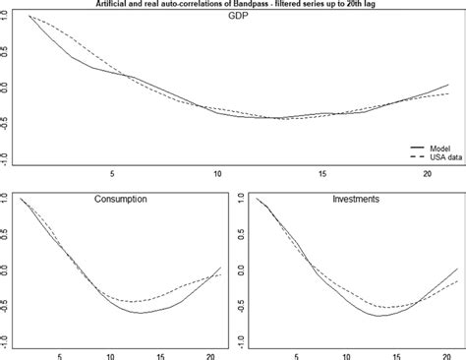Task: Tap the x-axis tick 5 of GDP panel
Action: coord(113,174)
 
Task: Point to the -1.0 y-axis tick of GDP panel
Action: coord(6,156)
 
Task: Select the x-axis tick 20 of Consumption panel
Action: coord(211,356)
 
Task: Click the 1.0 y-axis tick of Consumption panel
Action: coord(6,199)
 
